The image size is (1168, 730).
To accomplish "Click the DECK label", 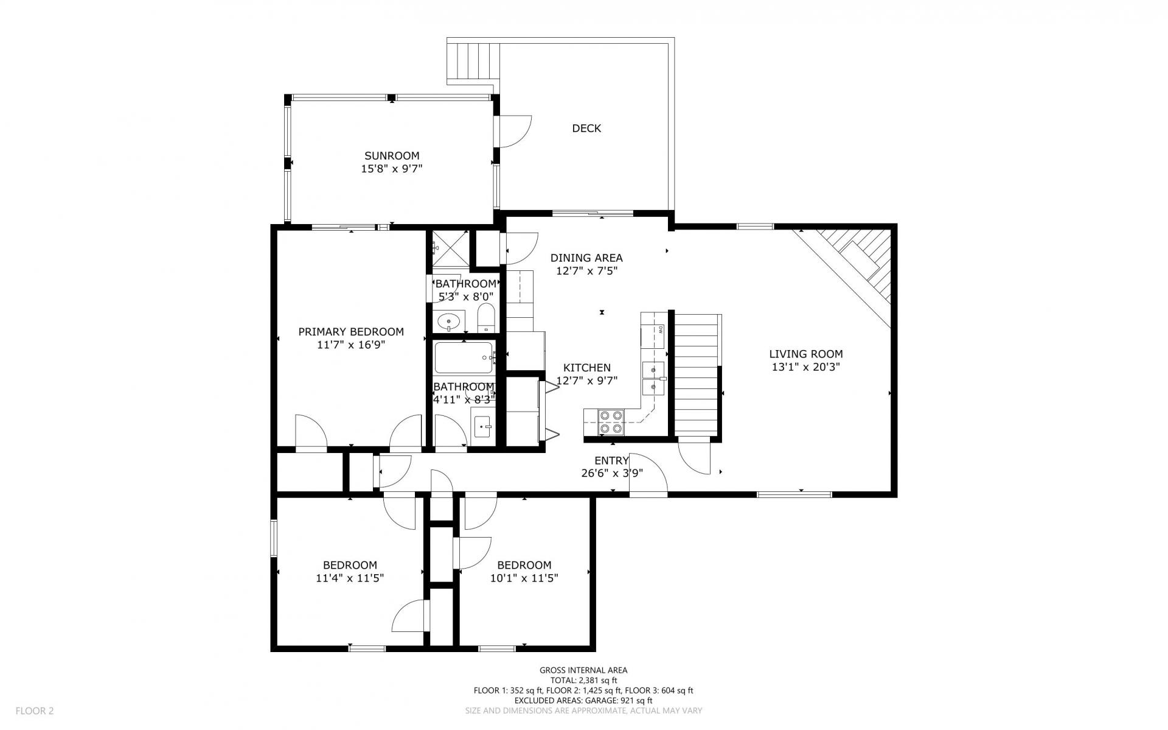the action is pyautogui.click(x=586, y=128).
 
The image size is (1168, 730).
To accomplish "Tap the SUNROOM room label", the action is pyautogui.click(x=392, y=156).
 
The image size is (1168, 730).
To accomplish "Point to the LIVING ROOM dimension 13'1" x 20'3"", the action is pyautogui.click(x=806, y=367).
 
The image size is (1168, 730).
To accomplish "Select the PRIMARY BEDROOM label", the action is pyautogui.click(x=351, y=332).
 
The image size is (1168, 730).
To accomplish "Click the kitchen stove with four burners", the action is pyautogui.click(x=611, y=421).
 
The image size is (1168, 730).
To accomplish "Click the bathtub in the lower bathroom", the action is pyautogui.click(x=464, y=357).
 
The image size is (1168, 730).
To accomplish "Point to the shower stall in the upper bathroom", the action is pyautogui.click(x=451, y=248).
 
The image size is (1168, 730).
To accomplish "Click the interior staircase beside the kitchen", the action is pyautogui.click(x=697, y=375).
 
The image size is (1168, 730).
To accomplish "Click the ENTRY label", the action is pyautogui.click(x=611, y=461).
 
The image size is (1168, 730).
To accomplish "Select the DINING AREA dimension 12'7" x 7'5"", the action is pyautogui.click(x=587, y=271).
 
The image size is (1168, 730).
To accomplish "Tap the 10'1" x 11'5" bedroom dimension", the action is pyautogui.click(x=524, y=578).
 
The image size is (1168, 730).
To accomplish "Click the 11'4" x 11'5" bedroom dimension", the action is pyautogui.click(x=350, y=578).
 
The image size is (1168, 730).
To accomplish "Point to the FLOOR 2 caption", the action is pyautogui.click(x=35, y=711).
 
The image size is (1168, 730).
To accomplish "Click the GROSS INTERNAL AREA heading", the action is pyautogui.click(x=583, y=670).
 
